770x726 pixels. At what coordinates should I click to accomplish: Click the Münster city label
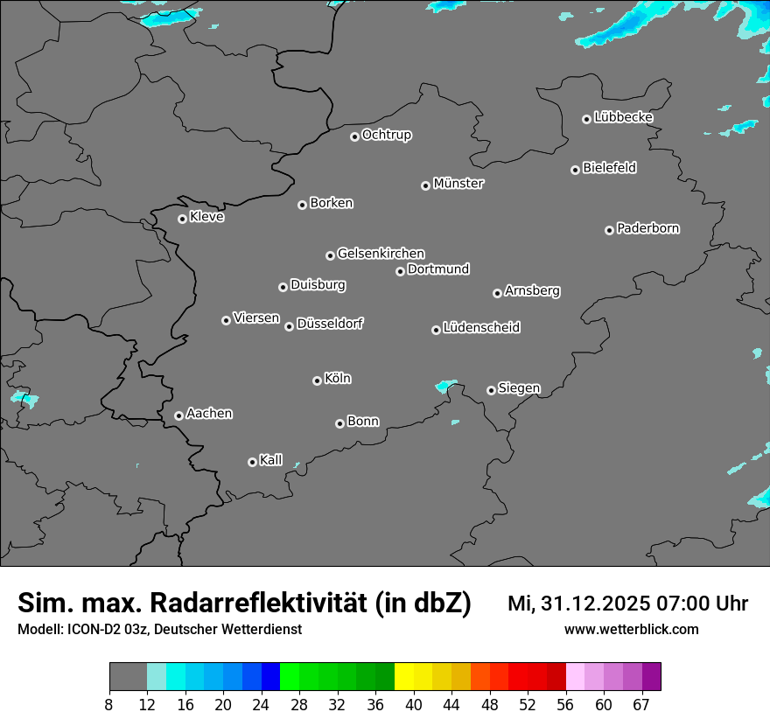point(458,184)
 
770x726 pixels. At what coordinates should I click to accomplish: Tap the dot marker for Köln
point(317,380)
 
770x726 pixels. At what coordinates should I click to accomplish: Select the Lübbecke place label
point(623,117)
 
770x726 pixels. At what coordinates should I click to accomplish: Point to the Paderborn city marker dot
point(609,230)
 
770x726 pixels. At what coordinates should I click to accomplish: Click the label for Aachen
point(209,414)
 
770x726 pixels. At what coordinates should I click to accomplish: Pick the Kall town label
point(271,460)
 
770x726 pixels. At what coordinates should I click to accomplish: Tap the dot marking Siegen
point(491,390)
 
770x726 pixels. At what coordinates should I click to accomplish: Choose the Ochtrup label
point(387,135)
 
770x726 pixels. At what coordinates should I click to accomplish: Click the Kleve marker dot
point(182,219)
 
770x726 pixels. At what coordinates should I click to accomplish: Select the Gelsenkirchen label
point(381,254)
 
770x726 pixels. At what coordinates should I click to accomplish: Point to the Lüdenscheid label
point(481,328)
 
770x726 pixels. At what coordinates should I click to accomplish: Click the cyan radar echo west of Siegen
point(446,386)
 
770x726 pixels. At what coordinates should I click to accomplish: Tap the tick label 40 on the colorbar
point(414,705)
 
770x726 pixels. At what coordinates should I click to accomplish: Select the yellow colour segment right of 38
point(404,677)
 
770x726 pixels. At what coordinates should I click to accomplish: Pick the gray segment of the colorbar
point(128,677)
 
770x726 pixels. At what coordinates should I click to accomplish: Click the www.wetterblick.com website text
point(631,630)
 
